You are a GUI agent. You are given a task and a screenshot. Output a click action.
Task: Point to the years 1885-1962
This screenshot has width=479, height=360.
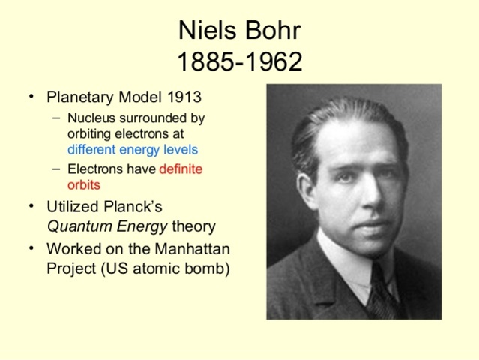pyautogui.click(x=239, y=61)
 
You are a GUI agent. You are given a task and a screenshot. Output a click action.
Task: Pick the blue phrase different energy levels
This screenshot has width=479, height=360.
pyautogui.click(x=133, y=149)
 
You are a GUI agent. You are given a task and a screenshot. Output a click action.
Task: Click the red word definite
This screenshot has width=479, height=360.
pyautogui.click(x=181, y=169)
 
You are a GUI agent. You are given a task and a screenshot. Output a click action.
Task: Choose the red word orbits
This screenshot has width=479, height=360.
pyautogui.click(x=83, y=184)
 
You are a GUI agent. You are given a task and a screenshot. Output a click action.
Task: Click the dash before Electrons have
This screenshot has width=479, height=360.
pyautogui.click(x=58, y=169)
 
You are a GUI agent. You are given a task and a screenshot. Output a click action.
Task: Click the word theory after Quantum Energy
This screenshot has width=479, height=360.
pyautogui.click(x=193, y=226)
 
